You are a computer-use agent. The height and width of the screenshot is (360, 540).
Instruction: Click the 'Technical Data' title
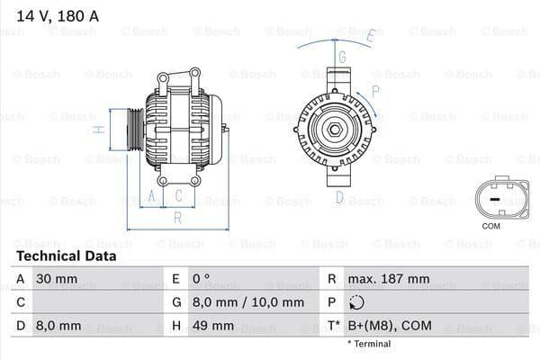coord(66,256)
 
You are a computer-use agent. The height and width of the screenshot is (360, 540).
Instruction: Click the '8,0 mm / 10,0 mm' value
coord(235,302)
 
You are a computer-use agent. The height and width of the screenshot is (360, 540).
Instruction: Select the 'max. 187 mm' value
coord(391,279)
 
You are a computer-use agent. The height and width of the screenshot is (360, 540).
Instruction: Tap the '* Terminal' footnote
coord(369,344)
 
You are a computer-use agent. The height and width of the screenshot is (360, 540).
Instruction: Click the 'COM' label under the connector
coord(490,226)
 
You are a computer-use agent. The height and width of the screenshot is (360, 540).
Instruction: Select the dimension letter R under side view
coord(177,217)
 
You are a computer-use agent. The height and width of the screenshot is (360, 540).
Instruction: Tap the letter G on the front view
coord(343,56)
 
